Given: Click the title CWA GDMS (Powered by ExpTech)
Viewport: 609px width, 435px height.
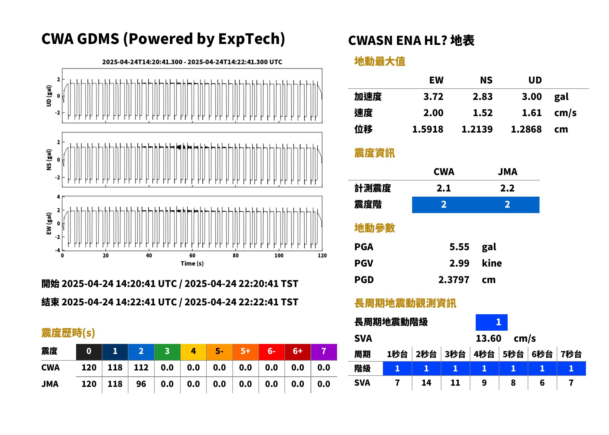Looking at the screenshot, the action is pos(163,39).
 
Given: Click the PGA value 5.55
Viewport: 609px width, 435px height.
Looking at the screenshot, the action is pos(459,247).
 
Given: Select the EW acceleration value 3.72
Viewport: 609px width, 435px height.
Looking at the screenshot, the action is pos(433,96).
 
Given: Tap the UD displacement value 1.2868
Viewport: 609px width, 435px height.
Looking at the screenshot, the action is pos(526,129).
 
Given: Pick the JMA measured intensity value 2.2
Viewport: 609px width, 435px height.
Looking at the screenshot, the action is pos(507,188).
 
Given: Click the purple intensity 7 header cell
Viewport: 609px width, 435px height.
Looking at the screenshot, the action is pos(324,351).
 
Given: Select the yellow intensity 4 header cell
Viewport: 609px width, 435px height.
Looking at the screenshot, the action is pos(193,351).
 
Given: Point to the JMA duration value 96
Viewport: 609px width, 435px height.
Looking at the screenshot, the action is pos(141,384).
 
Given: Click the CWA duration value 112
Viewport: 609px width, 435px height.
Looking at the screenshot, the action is pos(141,367).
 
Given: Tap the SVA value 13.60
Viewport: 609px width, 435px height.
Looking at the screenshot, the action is pos(488,338).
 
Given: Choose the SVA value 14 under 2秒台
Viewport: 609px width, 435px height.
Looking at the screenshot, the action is pos(426,383).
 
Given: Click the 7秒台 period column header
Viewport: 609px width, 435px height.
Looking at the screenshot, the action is pos(571,354).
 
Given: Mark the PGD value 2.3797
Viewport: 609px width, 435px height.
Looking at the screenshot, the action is pos(454,280).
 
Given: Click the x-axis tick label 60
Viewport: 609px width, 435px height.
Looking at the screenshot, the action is pos(192,256).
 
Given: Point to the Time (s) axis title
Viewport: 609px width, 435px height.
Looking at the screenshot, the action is pos(192,264).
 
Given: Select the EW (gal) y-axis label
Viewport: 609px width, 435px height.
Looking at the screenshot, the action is pos(49,223).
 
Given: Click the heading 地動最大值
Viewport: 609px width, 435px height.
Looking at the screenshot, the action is pos(380,61).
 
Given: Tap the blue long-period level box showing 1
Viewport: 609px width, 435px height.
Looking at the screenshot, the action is pos(491,322).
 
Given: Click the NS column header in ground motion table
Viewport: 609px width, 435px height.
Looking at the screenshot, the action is pos(486,80).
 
